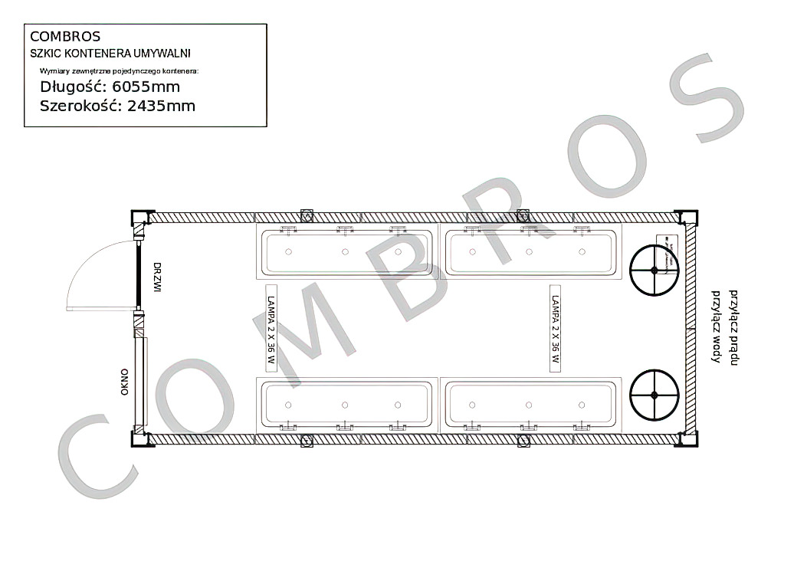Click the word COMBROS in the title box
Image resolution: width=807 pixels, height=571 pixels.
click(x=65, y=37)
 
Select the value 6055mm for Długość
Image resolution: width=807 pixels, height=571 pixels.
click(x=146, y=87)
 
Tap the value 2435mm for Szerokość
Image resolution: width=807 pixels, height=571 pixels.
click(x=161, y=106)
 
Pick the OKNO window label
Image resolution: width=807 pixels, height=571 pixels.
click(x=124, y=382)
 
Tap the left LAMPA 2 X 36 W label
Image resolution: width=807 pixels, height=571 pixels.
click(x=271, y=328)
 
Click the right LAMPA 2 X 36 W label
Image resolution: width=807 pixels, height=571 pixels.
click(x=556, y=328)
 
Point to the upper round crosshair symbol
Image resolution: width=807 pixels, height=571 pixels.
click(x=654, y=271)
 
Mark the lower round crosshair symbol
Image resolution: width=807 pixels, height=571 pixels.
click(x=654, y=395)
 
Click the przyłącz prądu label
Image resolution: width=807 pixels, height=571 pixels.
click(x=734, y=328)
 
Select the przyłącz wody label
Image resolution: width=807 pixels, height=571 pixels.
click(x=716, y=327)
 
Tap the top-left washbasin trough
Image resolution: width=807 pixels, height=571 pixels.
click(x=347, y=251)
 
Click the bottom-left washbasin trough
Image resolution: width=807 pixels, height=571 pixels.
click(x=347, y=405)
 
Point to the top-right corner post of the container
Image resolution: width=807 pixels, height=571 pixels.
click(x=687, y=218)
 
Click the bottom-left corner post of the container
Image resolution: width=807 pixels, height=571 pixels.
click(x=142, y=438)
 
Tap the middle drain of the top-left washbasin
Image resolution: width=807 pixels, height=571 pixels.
click(x=345, y=251)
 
